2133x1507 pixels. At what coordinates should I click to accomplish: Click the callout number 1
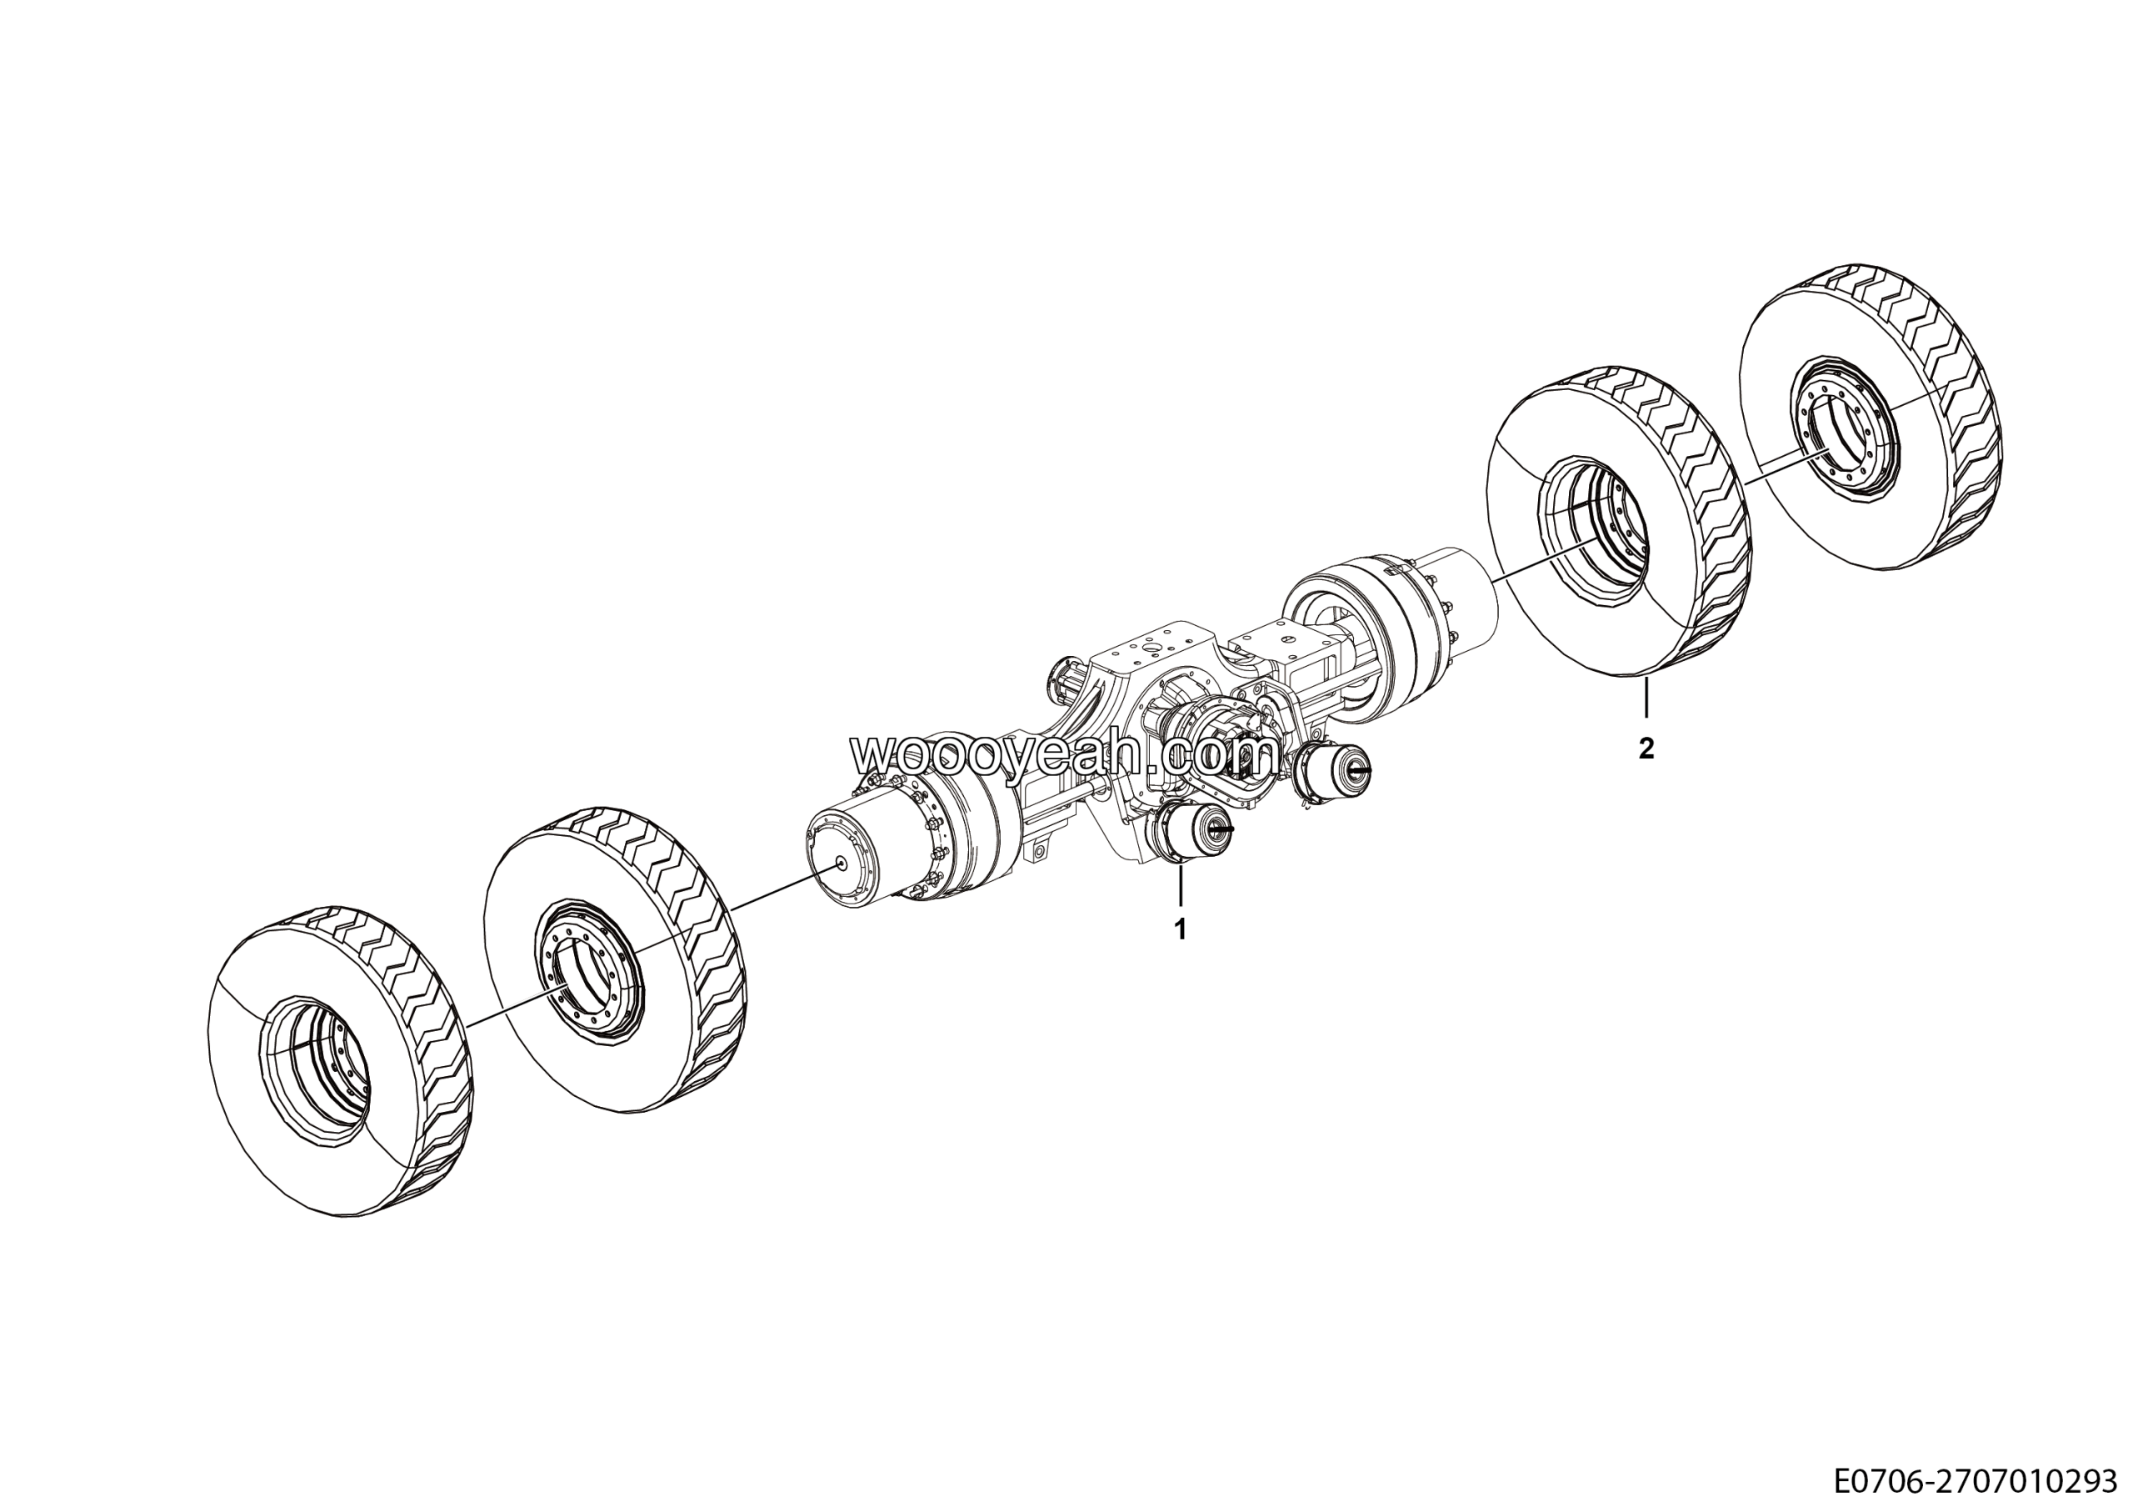tap(1181, 929)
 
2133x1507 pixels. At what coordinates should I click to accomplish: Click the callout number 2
tap(1646, 748)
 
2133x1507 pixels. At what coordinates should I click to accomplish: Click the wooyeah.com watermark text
tap(1065, 753)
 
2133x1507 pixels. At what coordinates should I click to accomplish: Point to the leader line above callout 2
tap(1646, 698)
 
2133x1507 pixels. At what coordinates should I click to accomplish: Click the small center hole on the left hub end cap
tap(841, 862)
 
